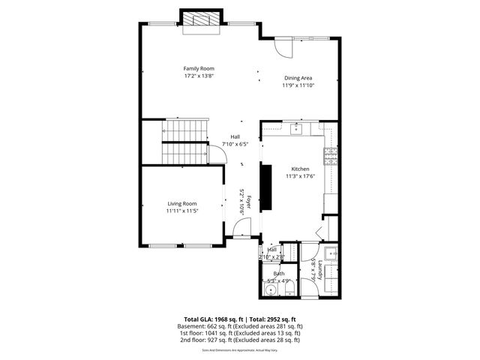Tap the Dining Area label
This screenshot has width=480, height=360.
tap(298, 77)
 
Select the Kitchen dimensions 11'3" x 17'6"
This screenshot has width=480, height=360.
tap(300, 176)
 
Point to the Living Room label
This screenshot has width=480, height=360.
tap(181, 203)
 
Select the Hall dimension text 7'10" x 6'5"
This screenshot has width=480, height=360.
tap(235, 144)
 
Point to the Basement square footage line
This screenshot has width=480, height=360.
tap(240, 326)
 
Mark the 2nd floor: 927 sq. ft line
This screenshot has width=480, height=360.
tap(240, 340)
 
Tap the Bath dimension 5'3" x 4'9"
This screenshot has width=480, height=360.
tap(279, 281)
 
